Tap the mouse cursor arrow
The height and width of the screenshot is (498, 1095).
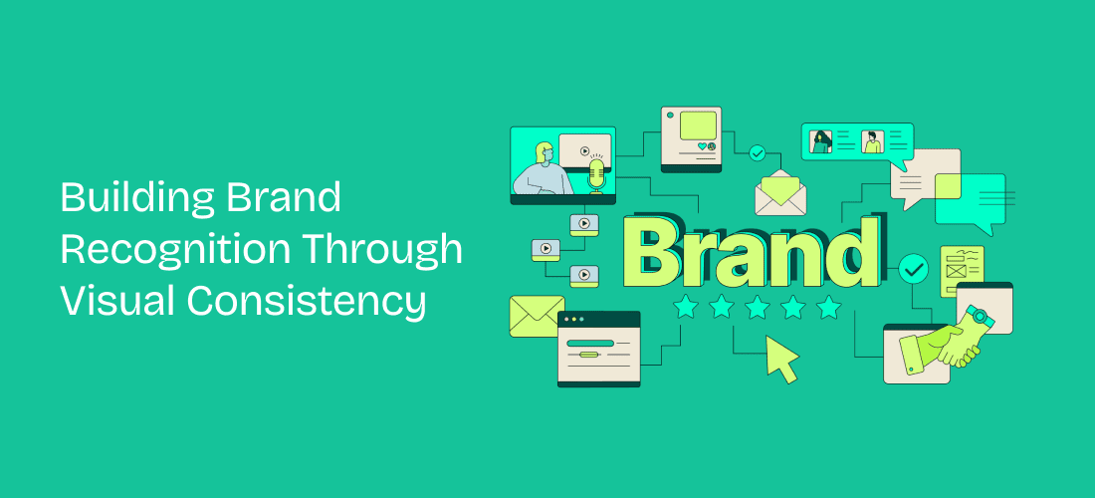[781, 358]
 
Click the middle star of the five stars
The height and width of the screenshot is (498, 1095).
[757, 308]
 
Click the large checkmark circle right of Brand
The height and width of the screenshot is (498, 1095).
[913, 269]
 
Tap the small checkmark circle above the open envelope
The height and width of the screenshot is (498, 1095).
[758, 152]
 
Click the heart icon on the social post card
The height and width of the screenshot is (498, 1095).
[701, 146]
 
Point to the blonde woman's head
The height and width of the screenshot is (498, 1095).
[545, 153]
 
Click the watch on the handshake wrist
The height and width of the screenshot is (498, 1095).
[980, 317]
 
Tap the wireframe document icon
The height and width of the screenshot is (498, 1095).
[962, 270]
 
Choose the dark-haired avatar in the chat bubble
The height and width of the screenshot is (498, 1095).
[822, 142]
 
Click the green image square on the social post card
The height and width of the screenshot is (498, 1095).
[698, 124]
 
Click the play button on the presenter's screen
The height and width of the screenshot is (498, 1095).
[583, 153]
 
